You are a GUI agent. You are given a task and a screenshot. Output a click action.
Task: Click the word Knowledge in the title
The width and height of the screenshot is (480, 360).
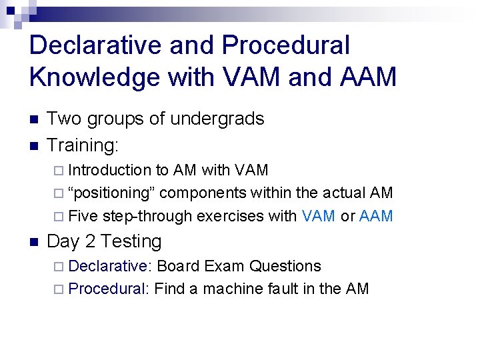(87, 77)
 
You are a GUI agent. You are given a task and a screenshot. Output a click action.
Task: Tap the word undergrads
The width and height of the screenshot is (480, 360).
(217, 119)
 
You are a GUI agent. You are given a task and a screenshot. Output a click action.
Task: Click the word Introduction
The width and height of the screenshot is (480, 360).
(110, 171)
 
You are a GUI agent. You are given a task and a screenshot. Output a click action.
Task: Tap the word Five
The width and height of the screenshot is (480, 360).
(83, 216)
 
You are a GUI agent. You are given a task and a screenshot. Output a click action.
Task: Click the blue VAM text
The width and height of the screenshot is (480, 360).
(319, 216)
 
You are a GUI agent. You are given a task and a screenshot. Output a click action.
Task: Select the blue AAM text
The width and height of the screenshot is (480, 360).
(376, 216)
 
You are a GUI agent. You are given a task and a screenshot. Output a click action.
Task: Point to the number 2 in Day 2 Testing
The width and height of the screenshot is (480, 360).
(92, 241)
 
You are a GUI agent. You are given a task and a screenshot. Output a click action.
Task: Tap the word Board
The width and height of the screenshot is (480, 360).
(178, 266)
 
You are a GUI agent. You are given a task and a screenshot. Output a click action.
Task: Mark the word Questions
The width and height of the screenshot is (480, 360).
(285, 266)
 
